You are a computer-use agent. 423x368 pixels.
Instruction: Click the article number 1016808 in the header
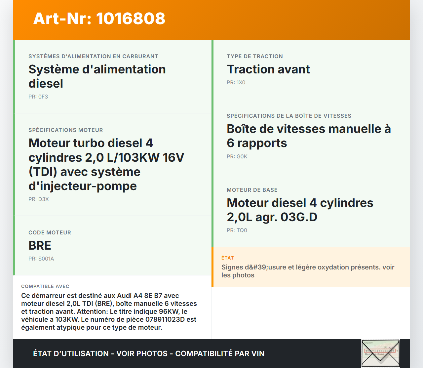tap(131, 19)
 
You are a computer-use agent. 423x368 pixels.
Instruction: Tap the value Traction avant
tap(268, 69)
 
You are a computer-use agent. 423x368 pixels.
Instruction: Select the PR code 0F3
tap(43, 97)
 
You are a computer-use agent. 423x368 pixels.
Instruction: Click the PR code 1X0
tap(241, 83)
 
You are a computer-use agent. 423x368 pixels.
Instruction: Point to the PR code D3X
tap(43, 199)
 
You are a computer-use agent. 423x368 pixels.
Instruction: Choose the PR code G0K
tap(242, 157)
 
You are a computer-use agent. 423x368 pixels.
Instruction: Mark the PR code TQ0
tap(242, 230)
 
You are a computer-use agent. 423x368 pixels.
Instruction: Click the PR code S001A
tap(46, 259)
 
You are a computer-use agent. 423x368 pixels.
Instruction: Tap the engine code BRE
tap(40, 246)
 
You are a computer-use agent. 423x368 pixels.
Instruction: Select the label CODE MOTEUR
tap(50, 233)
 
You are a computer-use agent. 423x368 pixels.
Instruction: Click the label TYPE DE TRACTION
tap(254, 57)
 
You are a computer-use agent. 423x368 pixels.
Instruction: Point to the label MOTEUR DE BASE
tap(252, 190)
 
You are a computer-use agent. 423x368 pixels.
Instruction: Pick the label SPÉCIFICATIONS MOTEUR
tap(65, 130)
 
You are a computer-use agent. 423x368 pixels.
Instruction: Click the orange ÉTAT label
tap(227, 258)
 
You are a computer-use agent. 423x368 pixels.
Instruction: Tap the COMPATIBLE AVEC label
tap(45, 286)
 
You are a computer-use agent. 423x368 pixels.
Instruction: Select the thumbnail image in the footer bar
tap(380, 353)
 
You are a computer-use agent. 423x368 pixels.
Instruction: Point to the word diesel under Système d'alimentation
tap(46, 84)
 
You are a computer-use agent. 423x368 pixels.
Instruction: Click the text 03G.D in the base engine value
tap(299, 217)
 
